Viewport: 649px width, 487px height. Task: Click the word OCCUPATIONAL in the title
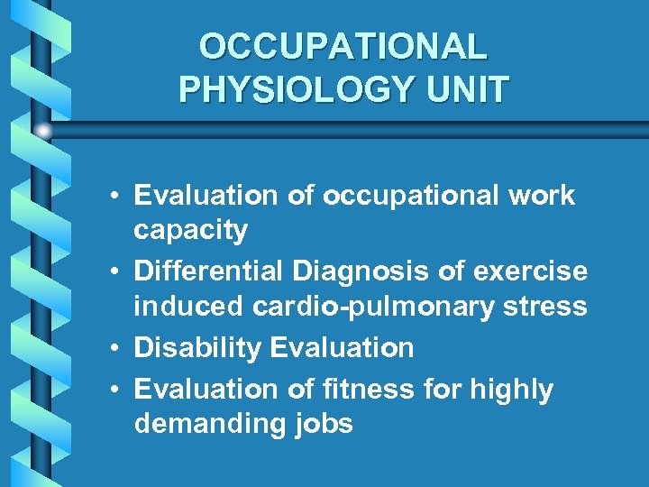[343, 46]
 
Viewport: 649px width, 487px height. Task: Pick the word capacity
[190, 232]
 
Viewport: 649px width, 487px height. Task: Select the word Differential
[209, 271]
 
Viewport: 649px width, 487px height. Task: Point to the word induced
[188, 307]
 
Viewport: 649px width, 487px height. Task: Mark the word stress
[546, 308]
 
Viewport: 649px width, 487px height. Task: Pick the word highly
[510, 391]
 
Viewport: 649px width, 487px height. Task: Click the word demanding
[210, 425]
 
